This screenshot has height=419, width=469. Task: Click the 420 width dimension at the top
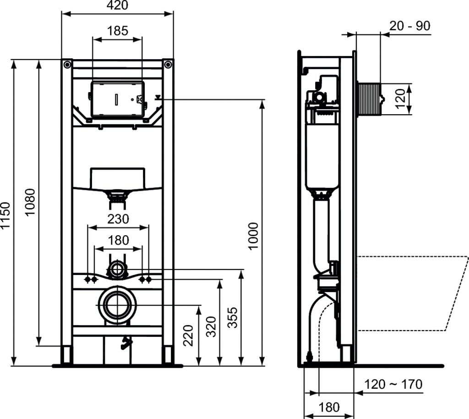pyautogui.click(x=117, y=5)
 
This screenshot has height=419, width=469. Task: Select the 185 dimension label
pyautogui.click(x=118, y=31)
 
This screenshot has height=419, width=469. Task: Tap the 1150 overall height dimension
pyautogui.click(x=5, y=215)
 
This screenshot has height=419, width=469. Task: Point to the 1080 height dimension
pyautogui.click(x=30, y=202)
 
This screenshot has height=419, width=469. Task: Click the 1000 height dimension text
pyautogui.click(x=253, y=236)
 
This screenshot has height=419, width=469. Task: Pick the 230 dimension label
pyautogui.click(x=118, y=219)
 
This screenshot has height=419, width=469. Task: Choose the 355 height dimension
pyautogui.click(x=232, y=318)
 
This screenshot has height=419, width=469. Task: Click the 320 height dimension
pyautogui.click(x=211, y=326)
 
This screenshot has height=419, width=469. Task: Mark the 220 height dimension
pyautogui.click(x=188, y=336)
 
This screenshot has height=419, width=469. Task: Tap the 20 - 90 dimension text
pyautogui.click(x=410, y=26)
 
